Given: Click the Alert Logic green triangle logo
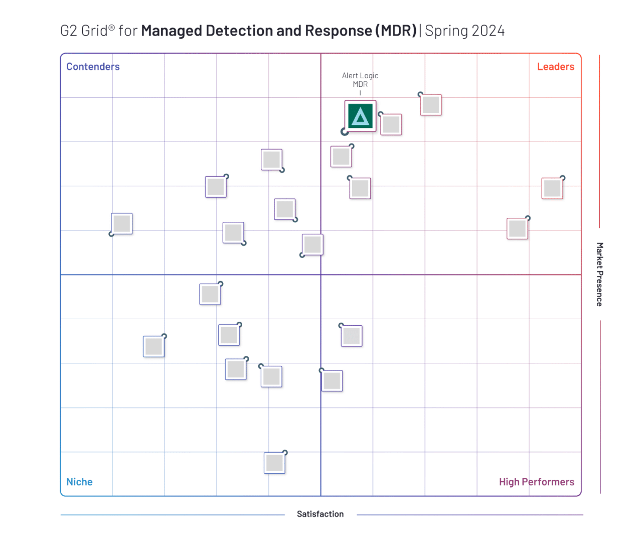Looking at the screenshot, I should pyautogui.click(x=360, y=116).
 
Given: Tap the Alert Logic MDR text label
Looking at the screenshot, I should pyautogui.click(x=360, y=80).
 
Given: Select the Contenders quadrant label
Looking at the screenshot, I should pyautogui.click(x=93, y=67).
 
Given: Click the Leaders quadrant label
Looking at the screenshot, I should pyautogui.click(x=555, y=67).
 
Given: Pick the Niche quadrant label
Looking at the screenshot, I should pyautogui.click(x=79, y=482).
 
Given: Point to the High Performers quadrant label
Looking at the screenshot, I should pyautogui.click(x=536, y=482).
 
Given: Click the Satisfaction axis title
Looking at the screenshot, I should pyautogui.click(x=320, y=514).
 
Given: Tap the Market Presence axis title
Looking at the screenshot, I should pyautogui.click(x=599, y=274).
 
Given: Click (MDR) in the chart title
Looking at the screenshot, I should pyautogui.click(x=396, y=31).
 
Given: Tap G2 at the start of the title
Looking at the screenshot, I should pyautogui.click(x=69, y=31).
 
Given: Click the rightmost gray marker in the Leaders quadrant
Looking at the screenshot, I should pyautogui.click(x=552, y=189).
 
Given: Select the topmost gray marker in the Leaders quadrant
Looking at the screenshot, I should pyautogui.click(x=431, y=105).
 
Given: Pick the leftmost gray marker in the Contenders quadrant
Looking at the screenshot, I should pyautogui.click(x=122, y=224).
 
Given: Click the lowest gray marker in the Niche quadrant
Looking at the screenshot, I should pyautogui.click(x=274, y=463).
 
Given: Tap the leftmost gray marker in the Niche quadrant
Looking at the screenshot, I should pyautogui.click(x=153, y=346).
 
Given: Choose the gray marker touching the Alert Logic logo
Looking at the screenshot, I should pyautogui.click(x=391, y=124).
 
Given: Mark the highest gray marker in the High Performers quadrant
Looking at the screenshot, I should pyautogui.click(x=352, y=336).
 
